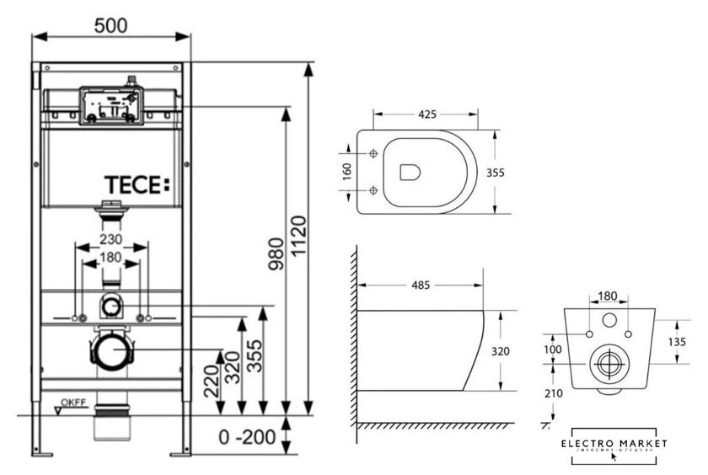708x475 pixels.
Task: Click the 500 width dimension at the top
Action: point(110,25)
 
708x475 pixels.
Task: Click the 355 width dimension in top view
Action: point(496,171)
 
